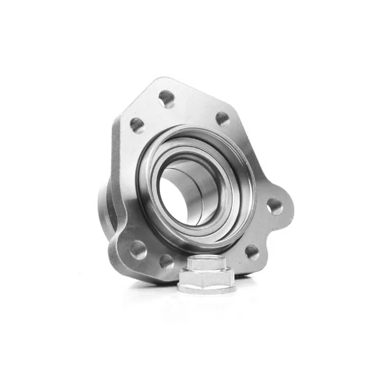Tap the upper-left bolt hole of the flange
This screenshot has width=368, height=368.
click(x=137, y=125)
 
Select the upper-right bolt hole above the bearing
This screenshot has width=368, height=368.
click(x=223, y=118)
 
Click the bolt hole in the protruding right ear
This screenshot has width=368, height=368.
click(x=274, y=205)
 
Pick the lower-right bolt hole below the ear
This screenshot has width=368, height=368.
click(x=251, y=251)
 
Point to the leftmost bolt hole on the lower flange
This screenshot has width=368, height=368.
click(x=138, y=249)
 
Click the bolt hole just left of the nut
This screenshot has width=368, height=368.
click(x=166, y=262)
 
